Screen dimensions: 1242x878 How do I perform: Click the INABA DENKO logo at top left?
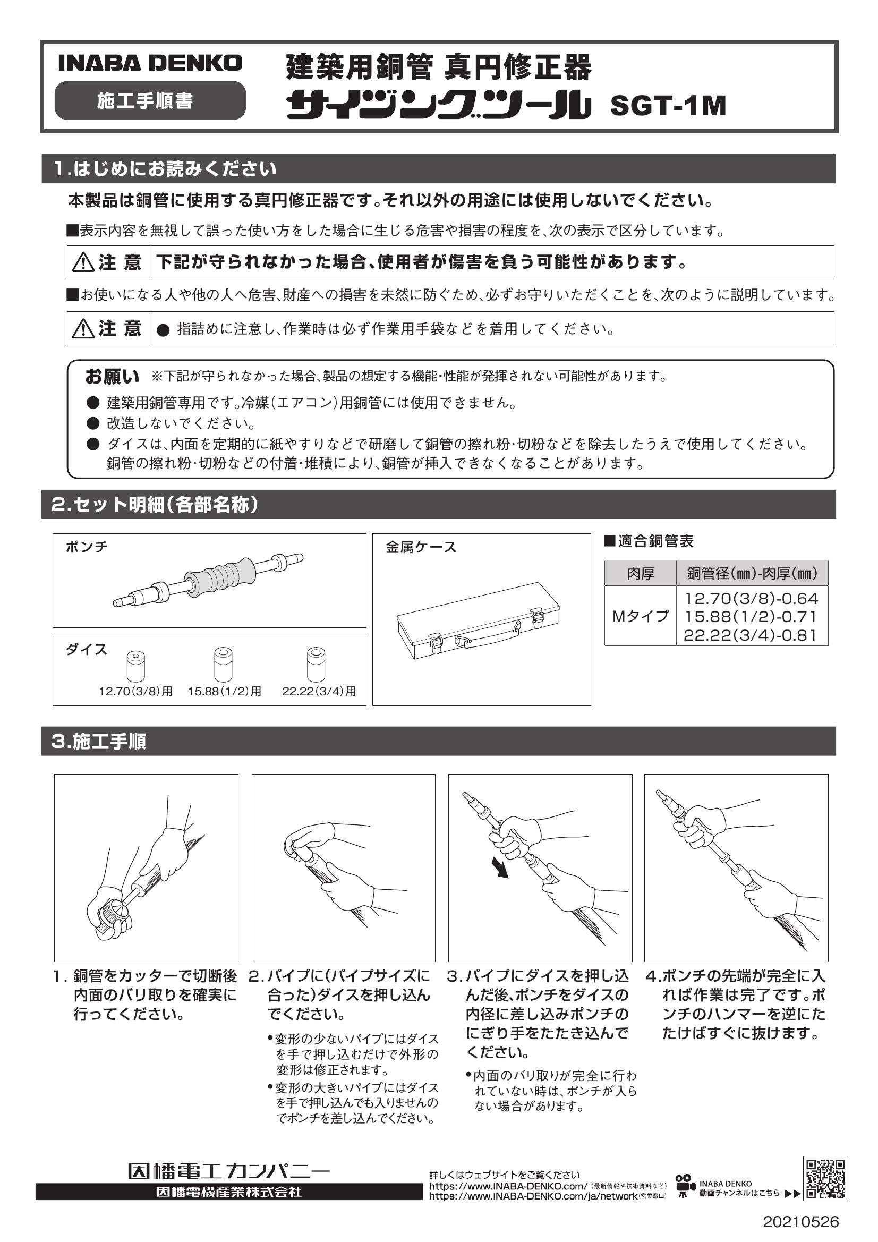(x=150, y=63)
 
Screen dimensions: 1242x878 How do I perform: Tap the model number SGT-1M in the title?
(x=668, y=106)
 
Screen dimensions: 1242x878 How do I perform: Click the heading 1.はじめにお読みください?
(x=165, y=169)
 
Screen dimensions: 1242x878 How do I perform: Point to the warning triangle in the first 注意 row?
(x=83, y=263)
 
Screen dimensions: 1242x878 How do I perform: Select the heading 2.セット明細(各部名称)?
(x=155, y=505)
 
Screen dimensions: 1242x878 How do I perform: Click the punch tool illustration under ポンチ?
(x=208, y=582)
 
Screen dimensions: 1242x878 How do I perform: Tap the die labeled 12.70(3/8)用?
(x=135, y=666)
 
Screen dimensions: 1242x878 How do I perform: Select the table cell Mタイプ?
(x=640, y=616)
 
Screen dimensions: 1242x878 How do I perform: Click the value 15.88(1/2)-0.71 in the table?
(x=751, y=617)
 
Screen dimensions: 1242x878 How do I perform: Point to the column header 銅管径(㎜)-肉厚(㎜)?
(x=752, y=573)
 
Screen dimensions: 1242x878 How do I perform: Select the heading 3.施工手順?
(x=99, y=741)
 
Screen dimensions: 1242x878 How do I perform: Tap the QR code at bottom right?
(x=825, y=1179)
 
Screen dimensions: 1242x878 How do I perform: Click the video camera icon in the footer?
(x=685, y=1183)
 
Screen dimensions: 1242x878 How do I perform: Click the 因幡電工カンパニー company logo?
(x=228, y=1172)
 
